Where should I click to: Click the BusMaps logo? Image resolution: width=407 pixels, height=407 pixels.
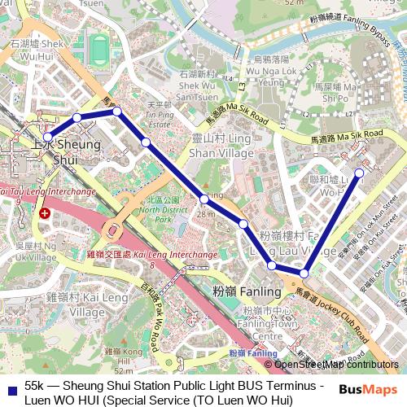(368, 389)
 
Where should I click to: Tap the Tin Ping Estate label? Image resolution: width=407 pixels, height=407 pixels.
(159, 115)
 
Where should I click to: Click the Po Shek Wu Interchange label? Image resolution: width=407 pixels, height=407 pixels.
(49, 192)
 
